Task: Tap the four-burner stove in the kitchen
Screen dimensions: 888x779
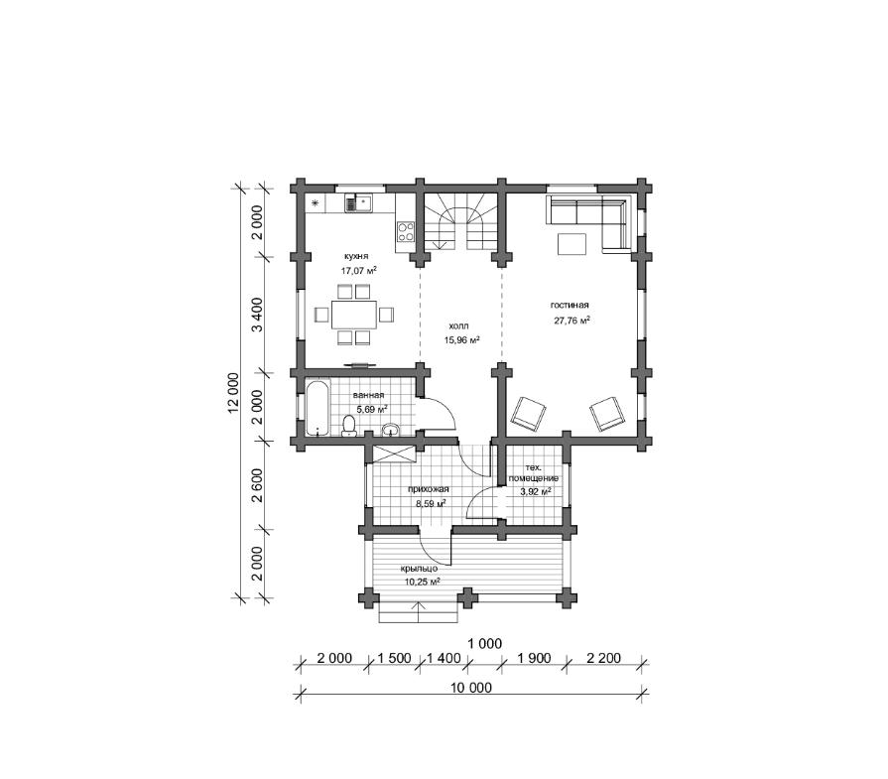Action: pos(405,231)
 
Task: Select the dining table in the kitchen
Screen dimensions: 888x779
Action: pos(354,315)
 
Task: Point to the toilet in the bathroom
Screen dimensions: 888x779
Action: pos(349,426)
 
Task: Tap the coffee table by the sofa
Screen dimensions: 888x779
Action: pos(572,244)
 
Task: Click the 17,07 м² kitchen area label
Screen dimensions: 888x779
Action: pos(359,271)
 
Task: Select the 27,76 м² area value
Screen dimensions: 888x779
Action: pos(571,321)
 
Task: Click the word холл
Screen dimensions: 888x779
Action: pos(458,326)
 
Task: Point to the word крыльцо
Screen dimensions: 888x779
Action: pos(419,569)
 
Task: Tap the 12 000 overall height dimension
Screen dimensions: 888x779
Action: pos(233,392)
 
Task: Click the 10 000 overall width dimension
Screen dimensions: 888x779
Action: pos(471,688)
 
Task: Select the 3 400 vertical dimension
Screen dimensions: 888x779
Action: pos(257,315)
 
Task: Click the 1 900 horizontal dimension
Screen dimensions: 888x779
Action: pos(534,658)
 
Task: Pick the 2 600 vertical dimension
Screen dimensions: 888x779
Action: pos(257,485)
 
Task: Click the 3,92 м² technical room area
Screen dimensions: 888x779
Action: pos(535,492)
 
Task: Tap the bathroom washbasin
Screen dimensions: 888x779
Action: pos(390,430)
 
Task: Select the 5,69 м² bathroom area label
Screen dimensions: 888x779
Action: pos(371,409)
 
